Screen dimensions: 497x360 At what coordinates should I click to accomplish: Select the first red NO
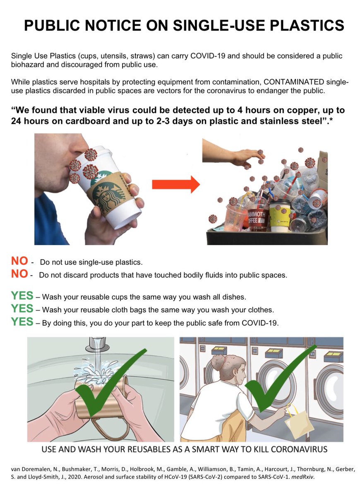coord(19,261)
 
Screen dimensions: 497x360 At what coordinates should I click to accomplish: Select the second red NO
coord(19,274)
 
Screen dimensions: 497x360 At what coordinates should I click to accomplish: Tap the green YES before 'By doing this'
coord(22,322)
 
